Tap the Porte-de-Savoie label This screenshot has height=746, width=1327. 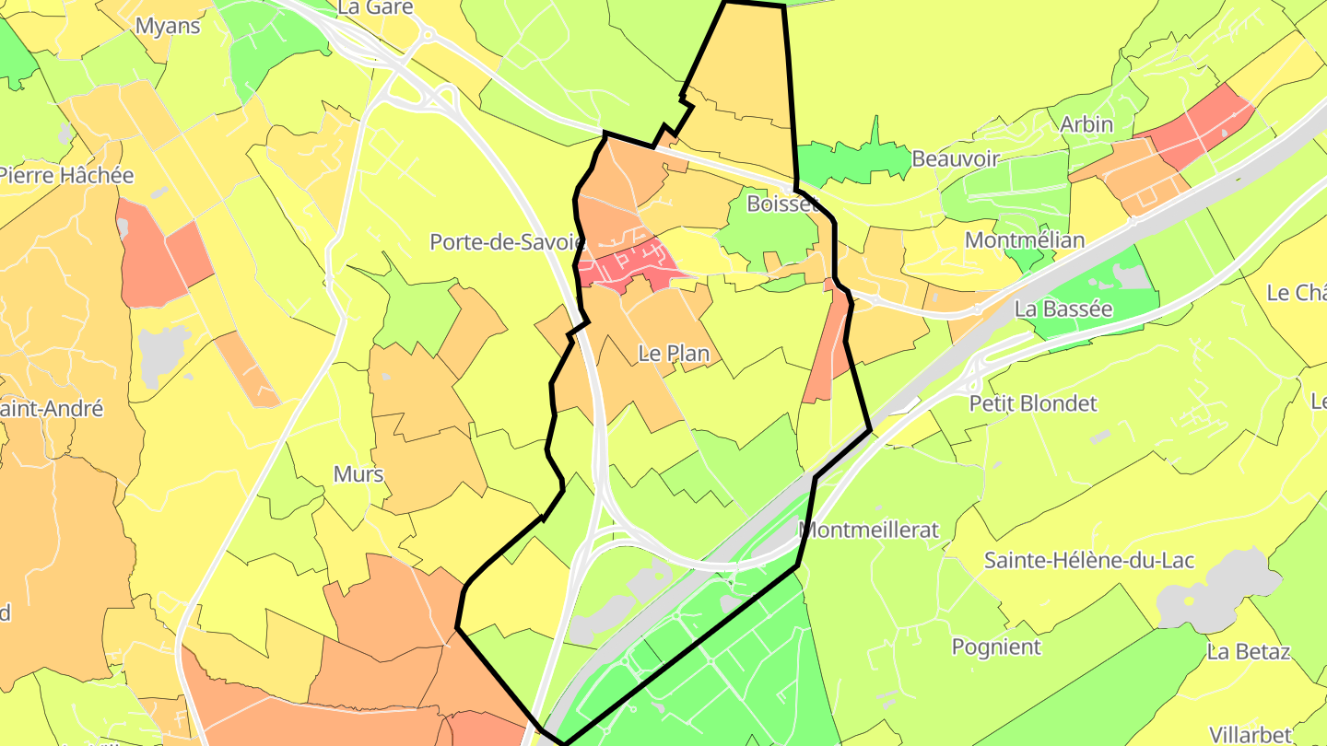[x=507, y=242]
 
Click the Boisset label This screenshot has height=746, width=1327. [x=782, y=204]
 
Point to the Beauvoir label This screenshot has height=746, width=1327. [x=955, y=158]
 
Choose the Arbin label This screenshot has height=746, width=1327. [x=1086, y=123]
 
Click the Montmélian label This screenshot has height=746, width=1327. [x=1024, y=240]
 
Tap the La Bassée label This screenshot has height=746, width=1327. [x=1063, y=309]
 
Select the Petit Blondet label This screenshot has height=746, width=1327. [x=1033, y=403]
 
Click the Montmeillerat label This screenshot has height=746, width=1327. [x=868, y=530]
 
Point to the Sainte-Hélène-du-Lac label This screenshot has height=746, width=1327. [x=1089, y=560]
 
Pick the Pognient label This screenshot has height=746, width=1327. [x=996, y=647]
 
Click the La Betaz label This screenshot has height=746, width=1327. [x=1248, y=652]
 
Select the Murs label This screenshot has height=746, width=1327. [x=358, y=474]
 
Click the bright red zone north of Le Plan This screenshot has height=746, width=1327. [x=627, y=265]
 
